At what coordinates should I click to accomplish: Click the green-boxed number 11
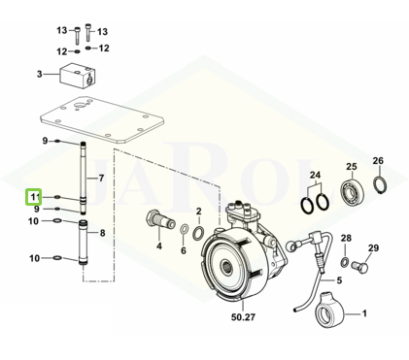pos(35,197)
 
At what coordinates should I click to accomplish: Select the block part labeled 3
pos(77,75)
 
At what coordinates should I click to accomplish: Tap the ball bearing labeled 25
pos(353,189)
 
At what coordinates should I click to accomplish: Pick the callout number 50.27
pos(243,317)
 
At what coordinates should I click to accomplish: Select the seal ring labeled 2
pos(198,233)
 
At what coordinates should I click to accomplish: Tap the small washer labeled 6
pos(184,230)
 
